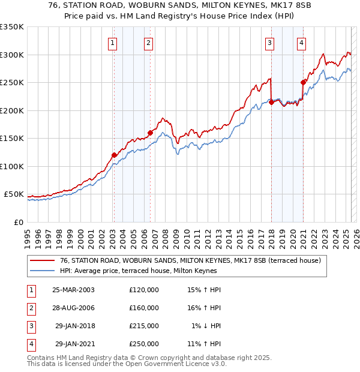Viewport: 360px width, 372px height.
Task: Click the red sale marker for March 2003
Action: tap(114, 155)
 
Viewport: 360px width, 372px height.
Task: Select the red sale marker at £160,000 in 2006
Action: tap(150, 133)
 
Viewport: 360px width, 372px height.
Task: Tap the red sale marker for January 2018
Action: tap(271, 102)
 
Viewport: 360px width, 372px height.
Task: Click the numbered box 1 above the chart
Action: tap(113, 43)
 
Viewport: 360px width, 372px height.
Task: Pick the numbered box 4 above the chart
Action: tap(301, 43)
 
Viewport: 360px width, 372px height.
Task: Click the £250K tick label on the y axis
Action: tap(12, 83)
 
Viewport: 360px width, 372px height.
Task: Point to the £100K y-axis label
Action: tap(12, 166)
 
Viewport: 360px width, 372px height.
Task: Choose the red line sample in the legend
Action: tap(42, 260)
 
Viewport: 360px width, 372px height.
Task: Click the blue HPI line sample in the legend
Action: tap(42, 271)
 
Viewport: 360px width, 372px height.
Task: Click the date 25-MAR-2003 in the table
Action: tap(73, 290)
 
